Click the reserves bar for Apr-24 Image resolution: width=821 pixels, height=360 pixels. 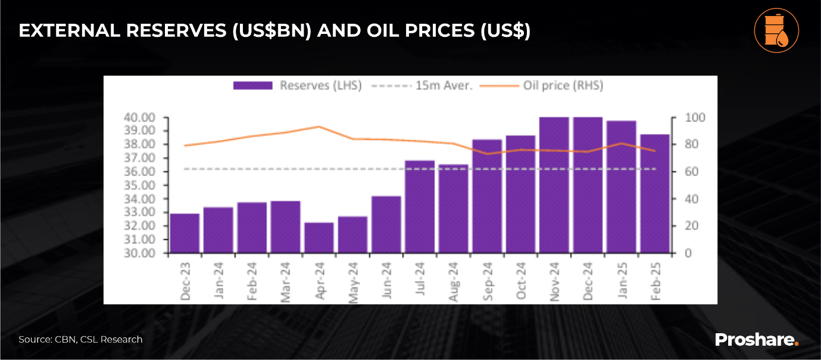319,237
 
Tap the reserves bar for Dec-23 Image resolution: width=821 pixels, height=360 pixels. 184,233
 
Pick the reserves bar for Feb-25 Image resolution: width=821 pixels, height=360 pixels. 654,193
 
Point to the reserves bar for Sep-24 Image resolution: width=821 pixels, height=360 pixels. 486,196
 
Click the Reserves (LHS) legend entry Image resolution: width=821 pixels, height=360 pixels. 297,86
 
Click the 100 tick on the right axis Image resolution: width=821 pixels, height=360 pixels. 683,117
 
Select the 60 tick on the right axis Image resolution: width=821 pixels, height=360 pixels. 682,171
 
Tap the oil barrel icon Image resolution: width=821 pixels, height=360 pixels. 776,31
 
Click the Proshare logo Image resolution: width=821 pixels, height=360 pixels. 756,340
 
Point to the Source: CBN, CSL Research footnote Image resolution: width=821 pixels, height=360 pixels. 80,340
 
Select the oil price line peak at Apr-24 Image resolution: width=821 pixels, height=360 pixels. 319,127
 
